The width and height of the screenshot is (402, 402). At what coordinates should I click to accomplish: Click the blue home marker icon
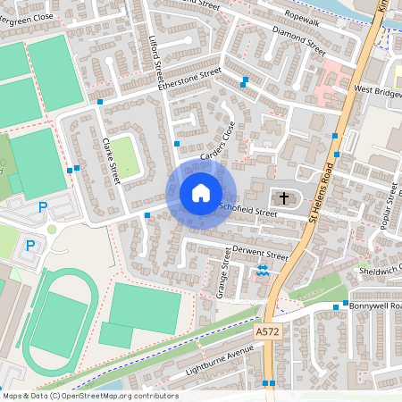pos(201,193)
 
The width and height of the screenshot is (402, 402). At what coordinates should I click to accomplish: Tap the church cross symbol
pos(284,197)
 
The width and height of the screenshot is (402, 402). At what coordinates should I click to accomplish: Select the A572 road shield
pos(264,331)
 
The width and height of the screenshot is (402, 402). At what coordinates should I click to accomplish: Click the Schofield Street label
pos(249,209)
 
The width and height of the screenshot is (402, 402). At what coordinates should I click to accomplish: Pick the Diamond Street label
pos(298,39)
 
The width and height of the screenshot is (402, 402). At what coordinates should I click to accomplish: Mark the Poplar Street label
pos(388,205)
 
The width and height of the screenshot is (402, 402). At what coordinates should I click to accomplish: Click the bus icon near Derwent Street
pos(263,271)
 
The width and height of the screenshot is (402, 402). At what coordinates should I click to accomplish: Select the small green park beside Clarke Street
pos(125,155)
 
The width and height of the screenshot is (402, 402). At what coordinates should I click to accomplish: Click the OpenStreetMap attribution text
pos(89,396)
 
